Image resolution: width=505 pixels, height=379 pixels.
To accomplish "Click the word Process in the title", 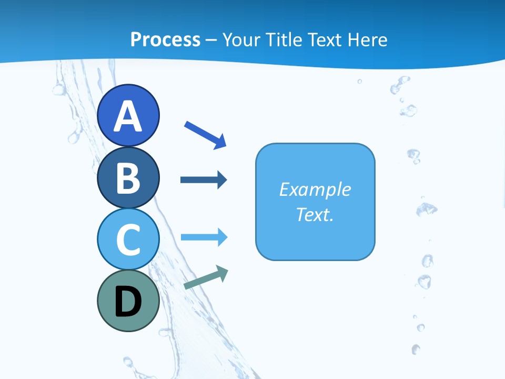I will click(165, 39).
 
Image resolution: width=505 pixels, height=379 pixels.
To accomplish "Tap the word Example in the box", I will click(315, 189).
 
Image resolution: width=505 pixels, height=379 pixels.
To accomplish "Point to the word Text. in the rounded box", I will click(315, 214).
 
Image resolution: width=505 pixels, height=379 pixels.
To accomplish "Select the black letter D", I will click(128, 302).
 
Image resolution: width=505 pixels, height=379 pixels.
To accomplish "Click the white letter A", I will click(128, 116).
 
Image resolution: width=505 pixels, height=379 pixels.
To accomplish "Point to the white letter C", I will click(128, 240).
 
